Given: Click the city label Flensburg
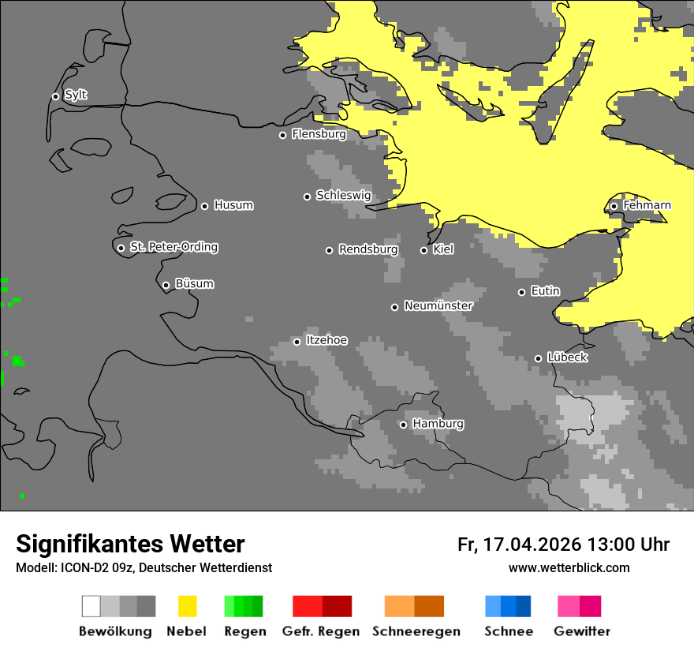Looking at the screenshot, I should [319, 134].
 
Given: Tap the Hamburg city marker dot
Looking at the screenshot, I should [403, 425].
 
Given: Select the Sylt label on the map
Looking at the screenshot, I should [76, 95].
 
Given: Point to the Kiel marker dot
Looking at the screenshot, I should [423, 250].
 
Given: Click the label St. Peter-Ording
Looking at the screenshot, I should [173, 247].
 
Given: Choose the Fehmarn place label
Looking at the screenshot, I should [647, 205].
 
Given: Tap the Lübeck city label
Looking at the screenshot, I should [567, 357].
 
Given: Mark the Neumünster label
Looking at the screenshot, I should [438, 305].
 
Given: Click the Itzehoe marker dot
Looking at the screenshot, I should [297, 342].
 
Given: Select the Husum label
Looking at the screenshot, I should [233, 205].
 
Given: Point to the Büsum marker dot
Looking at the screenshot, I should [166, 285].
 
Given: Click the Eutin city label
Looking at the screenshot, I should [545, 291].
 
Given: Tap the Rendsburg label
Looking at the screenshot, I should [368, 249].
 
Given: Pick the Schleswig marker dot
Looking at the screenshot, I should [307, 196].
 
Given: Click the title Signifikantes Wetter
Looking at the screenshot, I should [130, 544].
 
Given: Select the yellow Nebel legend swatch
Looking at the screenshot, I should [188, 606].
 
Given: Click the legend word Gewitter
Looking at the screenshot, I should [582, 631].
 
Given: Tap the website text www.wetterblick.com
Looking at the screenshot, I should [569, 568].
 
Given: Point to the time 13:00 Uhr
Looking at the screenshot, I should [629, 545].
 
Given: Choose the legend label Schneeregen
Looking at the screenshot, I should [416, 631].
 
